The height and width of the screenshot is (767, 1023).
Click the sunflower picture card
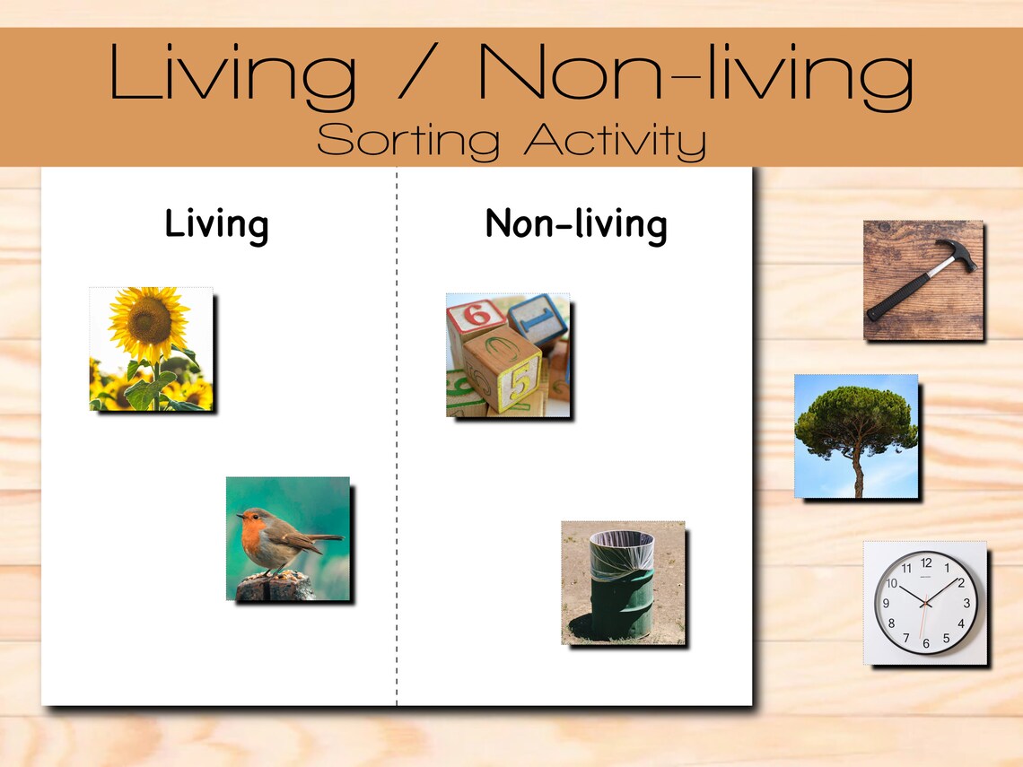[x=151, y=349]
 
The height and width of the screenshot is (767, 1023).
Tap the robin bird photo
[x=287, y=538]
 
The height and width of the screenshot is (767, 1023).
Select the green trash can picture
[x=623, y=583]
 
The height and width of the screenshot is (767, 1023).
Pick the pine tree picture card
[x=856, y=436]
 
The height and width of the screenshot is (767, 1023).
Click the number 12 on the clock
[x=926, y=563]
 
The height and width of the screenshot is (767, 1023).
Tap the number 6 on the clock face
[x=926, y=643]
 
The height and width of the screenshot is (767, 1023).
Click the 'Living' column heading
[x=216, y=224]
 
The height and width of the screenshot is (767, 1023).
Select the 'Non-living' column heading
[x=575, y=224]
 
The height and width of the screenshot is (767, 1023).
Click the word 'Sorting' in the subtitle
[x=408, y=140]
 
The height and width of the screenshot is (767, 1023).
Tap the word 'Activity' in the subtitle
[x=615, y=140]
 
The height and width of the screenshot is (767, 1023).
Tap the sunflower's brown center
[x=150, y=321]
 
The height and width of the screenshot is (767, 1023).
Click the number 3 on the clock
[x=966, y=603]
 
